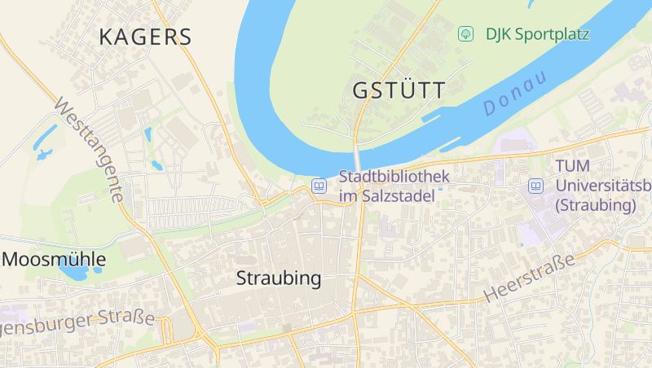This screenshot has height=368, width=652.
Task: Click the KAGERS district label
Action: coord(145,37)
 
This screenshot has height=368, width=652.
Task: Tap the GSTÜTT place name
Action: coord(399,90)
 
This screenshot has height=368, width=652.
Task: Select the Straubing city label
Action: coord(279,278)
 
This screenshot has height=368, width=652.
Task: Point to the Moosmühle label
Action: coord(55,260)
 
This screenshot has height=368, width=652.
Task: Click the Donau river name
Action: coord(513,93)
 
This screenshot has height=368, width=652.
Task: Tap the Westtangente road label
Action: coord(90,151)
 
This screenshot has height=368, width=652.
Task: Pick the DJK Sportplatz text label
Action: coord(537,34)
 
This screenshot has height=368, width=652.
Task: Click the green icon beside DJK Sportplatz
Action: coord(465,34)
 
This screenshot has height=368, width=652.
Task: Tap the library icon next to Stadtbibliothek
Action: coord(319,186)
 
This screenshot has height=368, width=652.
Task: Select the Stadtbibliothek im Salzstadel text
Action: coord(386,186)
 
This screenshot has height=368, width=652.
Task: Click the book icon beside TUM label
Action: coord(535,186)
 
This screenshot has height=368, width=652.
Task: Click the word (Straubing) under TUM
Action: coord(595,205)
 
